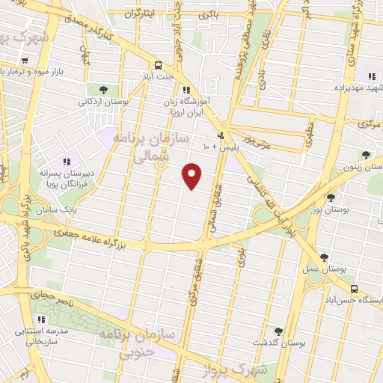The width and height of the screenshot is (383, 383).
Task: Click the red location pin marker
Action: click(193, 175)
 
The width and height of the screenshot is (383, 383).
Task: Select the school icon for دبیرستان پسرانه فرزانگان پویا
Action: click(66, 162)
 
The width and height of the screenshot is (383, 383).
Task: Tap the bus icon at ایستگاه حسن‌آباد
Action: click(354, 289)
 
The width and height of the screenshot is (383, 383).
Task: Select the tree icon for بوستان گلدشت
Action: click(278, 331)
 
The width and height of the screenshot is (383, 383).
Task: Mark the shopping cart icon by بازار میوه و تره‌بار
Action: click(25, 61)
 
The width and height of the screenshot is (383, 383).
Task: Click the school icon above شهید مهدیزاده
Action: click(371, 76)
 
